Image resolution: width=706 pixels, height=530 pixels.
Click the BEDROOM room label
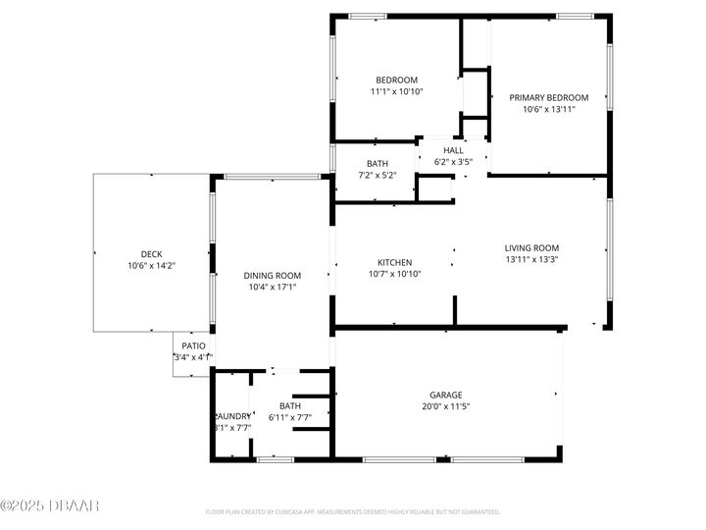pos(396,79)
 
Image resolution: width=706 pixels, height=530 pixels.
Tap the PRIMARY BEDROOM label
pos(548,97)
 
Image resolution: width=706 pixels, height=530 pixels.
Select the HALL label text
pos(453,150)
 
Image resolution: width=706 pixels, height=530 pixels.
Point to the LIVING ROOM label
pos(531,248)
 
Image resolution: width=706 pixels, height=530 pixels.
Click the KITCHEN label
pos(394,262)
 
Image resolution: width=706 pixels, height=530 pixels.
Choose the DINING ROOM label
pos(272,276)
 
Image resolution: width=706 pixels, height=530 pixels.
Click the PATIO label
pos(193,345)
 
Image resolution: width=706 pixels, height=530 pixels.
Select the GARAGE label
pos(445,395)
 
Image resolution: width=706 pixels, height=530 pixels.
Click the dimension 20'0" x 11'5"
pos(445,406)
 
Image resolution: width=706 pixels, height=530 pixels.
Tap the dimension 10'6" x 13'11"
pos(548,109)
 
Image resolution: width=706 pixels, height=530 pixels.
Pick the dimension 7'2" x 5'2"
pos(378,176)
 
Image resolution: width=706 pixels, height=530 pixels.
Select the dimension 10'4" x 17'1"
pos(272,288)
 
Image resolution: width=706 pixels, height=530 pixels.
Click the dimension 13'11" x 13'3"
pos(531,260)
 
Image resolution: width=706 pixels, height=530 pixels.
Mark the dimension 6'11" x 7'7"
pos(290,418)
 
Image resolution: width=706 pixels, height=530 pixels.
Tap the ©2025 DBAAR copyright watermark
pos(50,505)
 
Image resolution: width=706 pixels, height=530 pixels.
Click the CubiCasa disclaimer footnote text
pos(353,511)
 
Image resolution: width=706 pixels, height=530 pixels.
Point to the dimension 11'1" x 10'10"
pos(396,91)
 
